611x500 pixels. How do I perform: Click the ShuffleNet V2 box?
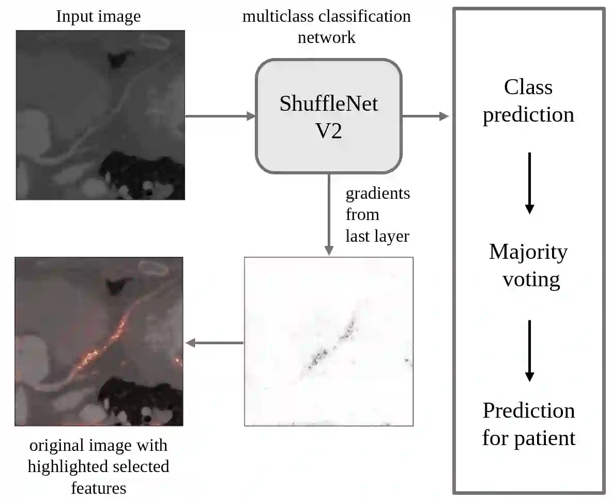(x=328, y=116)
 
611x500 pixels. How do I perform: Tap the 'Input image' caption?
(x=98, y=17)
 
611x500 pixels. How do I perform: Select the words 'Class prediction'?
(x=528, y=100)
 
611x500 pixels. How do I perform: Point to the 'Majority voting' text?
(x=529, y=265)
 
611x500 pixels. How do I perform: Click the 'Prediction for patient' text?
(x=529, y=424)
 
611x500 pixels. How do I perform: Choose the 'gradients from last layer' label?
(x=377, y=214)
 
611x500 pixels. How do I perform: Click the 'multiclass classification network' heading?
(x=327, y=26)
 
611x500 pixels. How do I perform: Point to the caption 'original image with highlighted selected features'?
(x=98, y=466)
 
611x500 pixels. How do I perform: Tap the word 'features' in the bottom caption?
(x=98, y=488)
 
